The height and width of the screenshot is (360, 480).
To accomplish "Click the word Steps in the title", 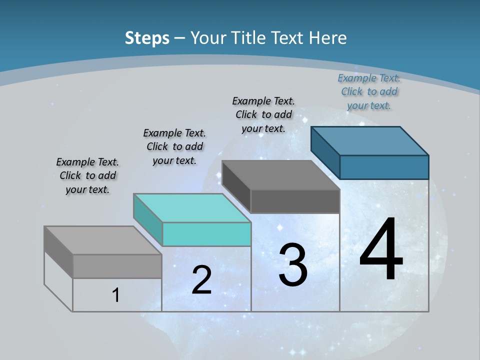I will [147, 38].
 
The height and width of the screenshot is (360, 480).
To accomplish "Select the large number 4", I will [381, 250].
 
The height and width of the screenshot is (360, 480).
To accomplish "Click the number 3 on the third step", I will [293, 265].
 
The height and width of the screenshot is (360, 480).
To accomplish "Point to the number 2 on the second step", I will [201, 280].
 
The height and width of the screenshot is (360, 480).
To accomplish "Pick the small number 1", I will [116, 295].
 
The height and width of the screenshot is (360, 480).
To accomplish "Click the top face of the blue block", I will [369, 140].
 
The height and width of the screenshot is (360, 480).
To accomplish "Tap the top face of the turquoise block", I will [192, 207].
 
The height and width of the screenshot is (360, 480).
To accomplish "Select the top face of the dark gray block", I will [280, 174].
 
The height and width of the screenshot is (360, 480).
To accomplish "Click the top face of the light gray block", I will [103, 240].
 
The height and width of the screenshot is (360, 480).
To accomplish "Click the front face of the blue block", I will [384, 167].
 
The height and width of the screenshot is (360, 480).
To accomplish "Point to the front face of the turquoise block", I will [206, 234].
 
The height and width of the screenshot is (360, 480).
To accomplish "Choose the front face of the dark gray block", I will [295, 201].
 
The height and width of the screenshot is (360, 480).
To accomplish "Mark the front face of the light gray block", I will [117, 266].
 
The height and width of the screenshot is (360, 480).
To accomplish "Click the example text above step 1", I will [87, 175].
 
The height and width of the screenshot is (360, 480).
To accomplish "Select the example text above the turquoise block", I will [174, 146].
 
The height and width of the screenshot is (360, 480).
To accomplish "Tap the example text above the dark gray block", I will [263, 114].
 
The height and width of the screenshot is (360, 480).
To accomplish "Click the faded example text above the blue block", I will [369, 91].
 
